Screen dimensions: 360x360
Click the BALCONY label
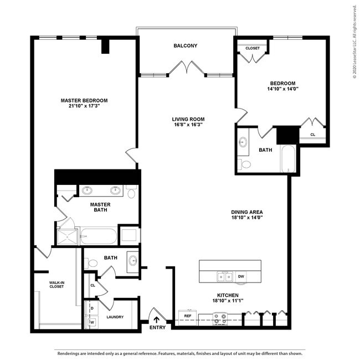click(185, 46)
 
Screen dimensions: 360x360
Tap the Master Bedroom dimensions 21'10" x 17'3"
click(84, 106)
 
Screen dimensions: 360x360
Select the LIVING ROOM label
click(188, 119)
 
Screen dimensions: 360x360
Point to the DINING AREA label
click(246, 212)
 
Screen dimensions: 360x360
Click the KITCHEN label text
click(228, 295)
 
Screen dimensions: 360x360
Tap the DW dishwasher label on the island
click(241, 276)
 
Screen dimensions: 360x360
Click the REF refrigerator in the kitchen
click(188, 316)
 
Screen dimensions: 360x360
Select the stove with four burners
click(220, 318)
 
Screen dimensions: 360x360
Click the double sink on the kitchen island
click(224, 276)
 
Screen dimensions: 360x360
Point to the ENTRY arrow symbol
click(156, 319)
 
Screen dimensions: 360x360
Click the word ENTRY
click(157, 328)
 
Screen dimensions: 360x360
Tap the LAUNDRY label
click(115, 317)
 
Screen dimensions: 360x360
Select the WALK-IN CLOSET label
click(56, 285)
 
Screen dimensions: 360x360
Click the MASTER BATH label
click(100, 207)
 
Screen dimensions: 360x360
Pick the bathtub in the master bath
click(99, 237)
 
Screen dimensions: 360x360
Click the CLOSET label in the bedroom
click(253, 48)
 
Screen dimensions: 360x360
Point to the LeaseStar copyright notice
click(354, 42)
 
